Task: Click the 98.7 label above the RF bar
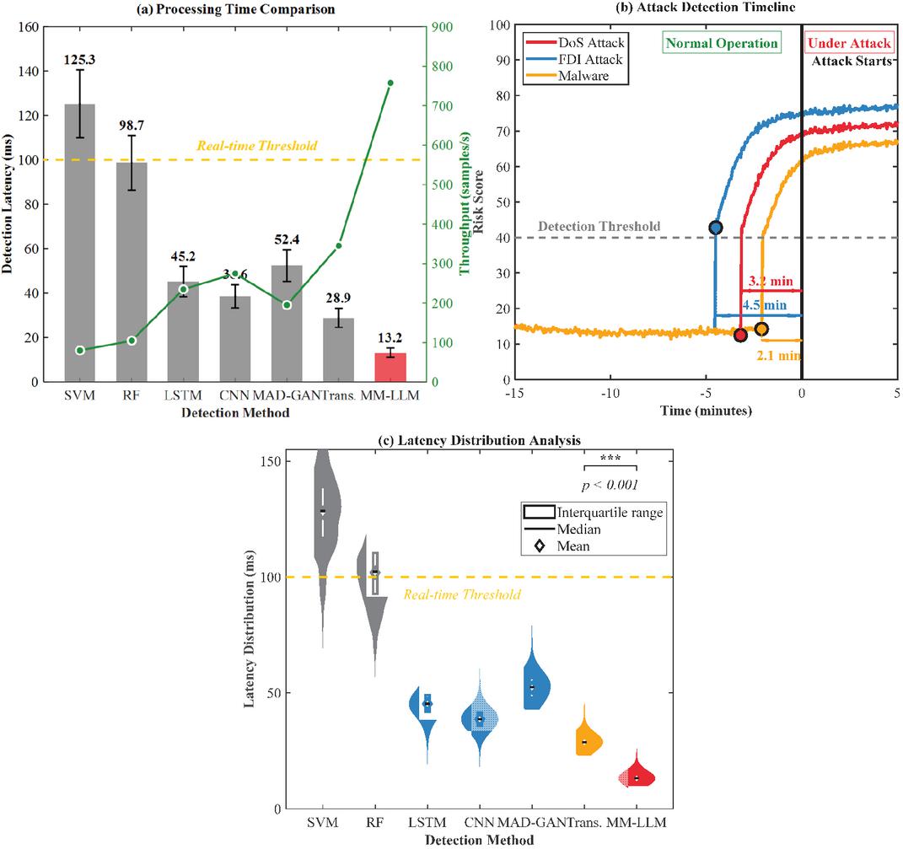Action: (132, 126)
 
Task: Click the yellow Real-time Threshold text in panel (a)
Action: (256, 146)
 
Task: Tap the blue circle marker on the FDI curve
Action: (716, 228)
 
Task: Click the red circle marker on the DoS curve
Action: (740, 336)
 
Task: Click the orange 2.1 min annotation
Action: (777, 356)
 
